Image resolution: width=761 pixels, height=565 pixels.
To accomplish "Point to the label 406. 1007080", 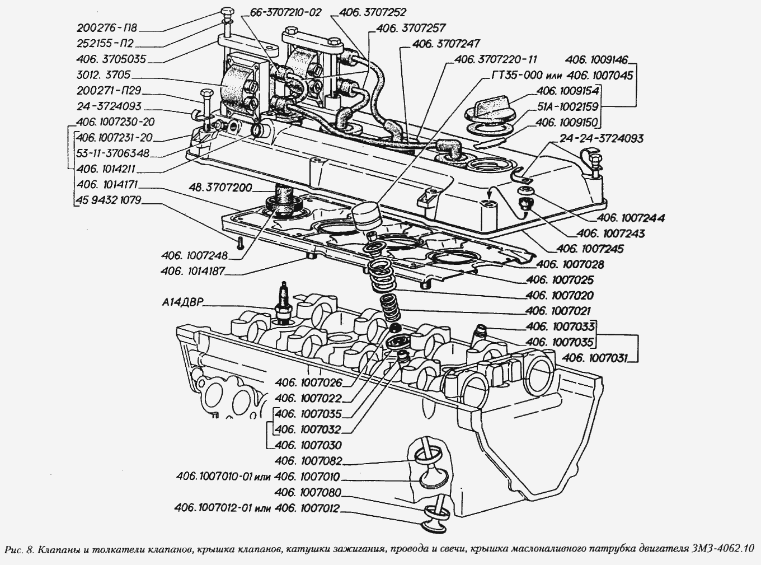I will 308,493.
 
